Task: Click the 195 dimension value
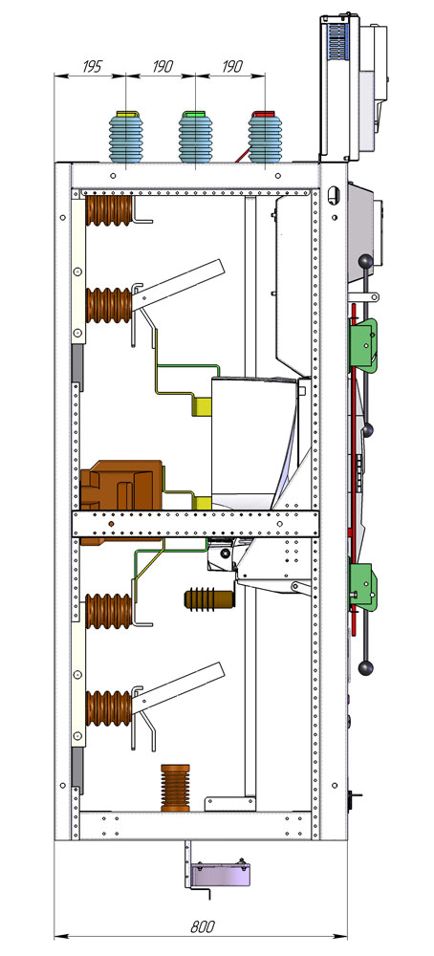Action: pos(93,66)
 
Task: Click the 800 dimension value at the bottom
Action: pos(203,927)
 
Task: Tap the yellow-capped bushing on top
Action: pos(125,140)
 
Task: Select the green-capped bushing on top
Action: pos(195,140)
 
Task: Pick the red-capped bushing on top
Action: pos(265,140)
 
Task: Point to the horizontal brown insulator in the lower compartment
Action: pos(209,598)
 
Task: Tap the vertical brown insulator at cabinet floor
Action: pos(175,788)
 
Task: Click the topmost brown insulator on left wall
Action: pos(109,210)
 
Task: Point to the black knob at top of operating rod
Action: pos(366,262)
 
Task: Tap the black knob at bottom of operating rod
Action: pos(366,667)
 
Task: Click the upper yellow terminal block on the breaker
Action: pos(202,406)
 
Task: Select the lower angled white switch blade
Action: pos(179,687)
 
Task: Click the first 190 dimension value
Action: pos(163,66)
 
